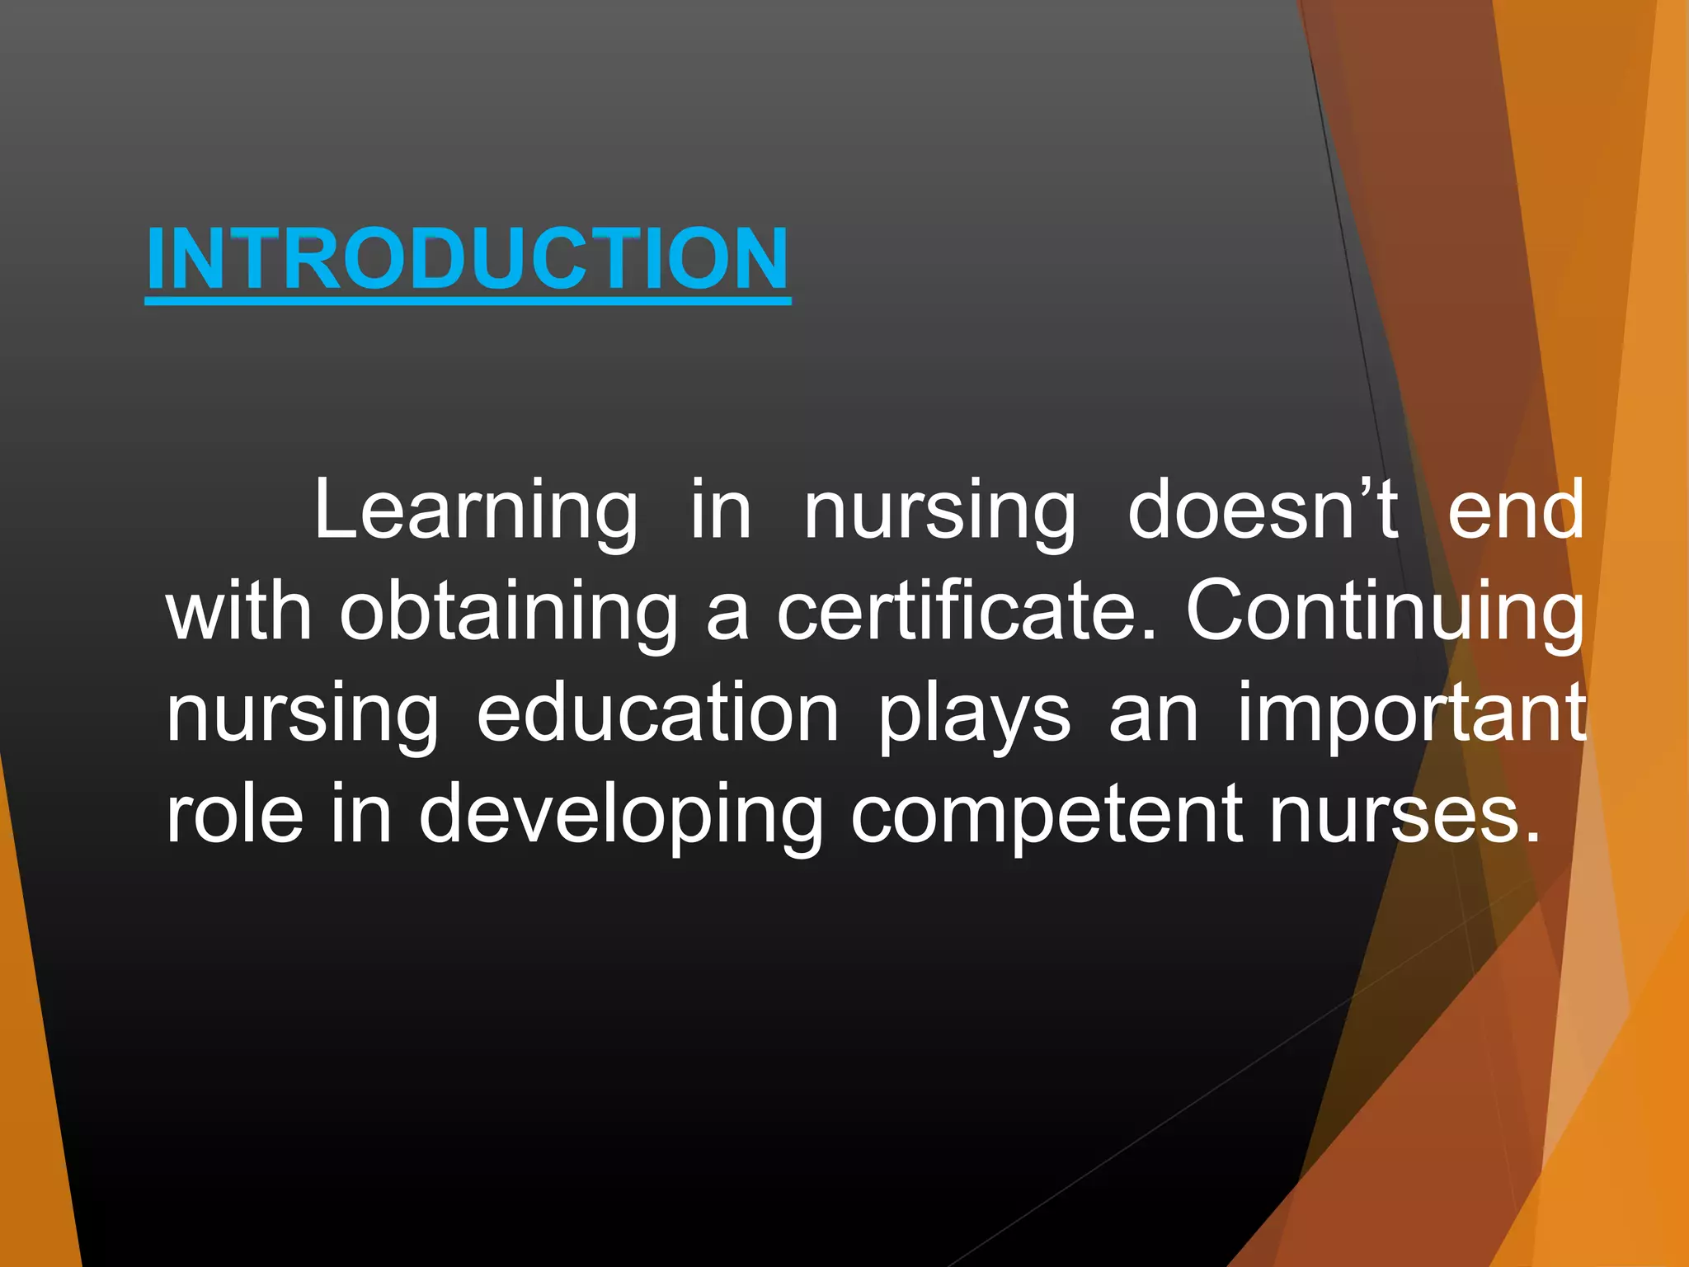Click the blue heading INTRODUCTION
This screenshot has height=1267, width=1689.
468,260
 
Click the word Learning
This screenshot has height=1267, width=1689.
476,511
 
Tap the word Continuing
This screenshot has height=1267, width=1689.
1385,615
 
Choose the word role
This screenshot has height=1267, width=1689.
235,815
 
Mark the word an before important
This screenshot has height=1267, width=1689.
1153,714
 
